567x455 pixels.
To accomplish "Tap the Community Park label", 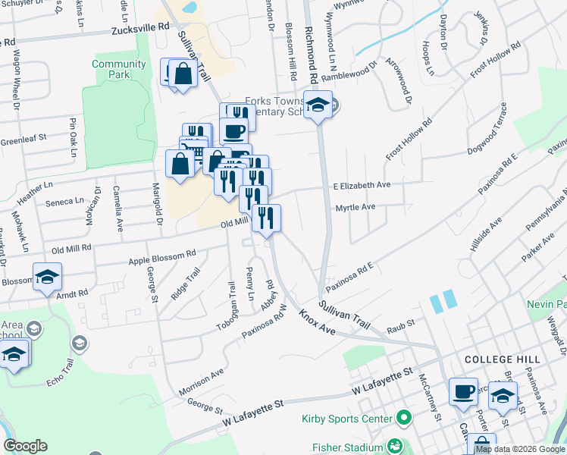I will coord(119,69).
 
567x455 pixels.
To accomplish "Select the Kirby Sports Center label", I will coord(348,418).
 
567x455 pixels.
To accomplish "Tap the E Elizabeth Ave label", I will coord(362,185).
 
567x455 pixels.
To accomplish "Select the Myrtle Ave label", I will coord(356,206).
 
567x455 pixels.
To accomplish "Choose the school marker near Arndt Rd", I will coord(47,277).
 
